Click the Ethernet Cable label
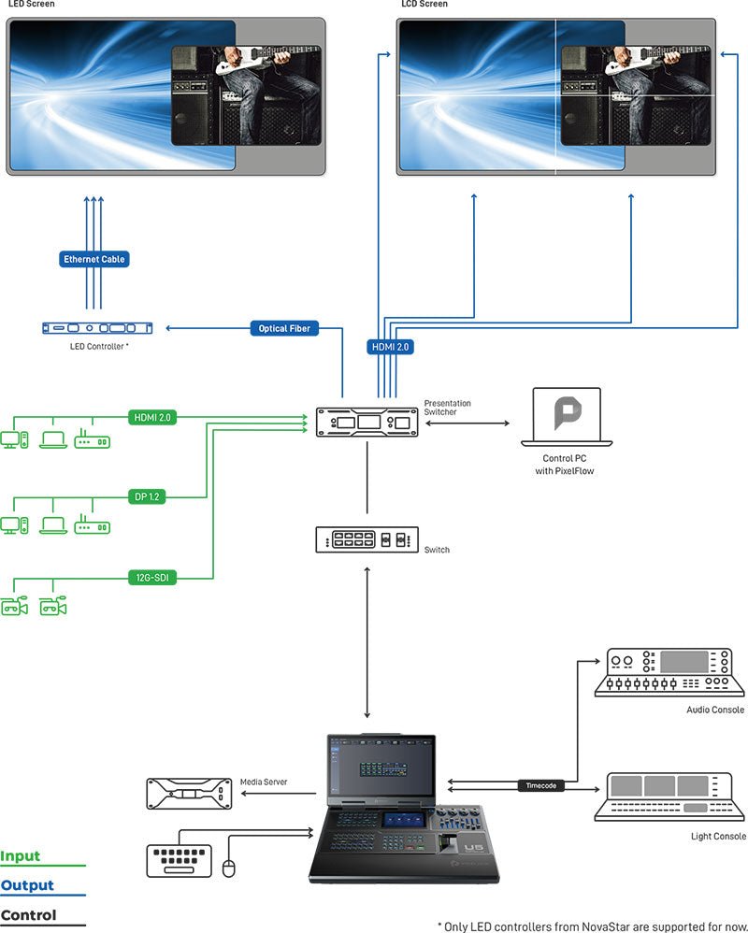click(93, 259)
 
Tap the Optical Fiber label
click(284, 329)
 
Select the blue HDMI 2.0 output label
click(391, 346)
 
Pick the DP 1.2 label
click(148, 497)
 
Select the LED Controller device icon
click(98, 328)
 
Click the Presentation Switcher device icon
click(367, 423)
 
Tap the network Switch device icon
click(367, 540)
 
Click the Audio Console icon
click(670, 673)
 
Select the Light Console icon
click(670, 797)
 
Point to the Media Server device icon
click(188, 794)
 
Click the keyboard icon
click(180, 859)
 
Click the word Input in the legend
click(21, 856)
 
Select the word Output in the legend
click(27, 885)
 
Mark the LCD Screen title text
click(424, 5)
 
